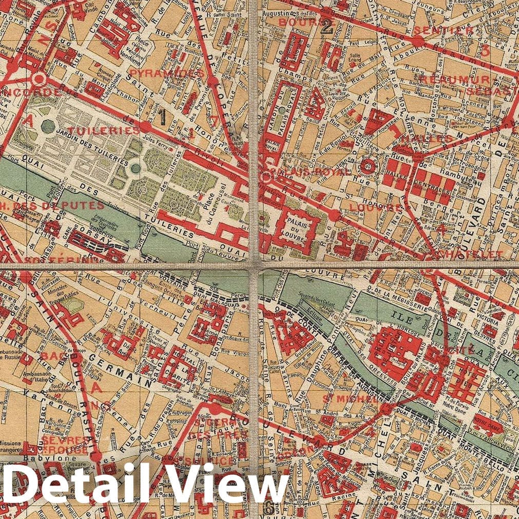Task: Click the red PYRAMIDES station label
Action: (163, 73)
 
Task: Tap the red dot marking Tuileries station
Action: (146, 126)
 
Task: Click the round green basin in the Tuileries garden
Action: (135, 168)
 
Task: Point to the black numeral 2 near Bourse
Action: (326, 28)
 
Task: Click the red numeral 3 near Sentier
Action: (486, 50)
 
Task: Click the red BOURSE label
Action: (300, 23)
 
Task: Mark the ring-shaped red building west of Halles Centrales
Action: (368, 166)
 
